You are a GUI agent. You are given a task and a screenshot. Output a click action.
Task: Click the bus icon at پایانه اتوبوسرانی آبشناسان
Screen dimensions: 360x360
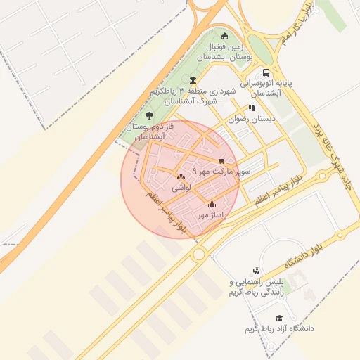pyautogui.click(x=265, y=73)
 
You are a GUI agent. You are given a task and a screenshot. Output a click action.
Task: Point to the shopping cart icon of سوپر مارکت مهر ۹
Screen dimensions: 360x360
pyautogui.click(x=222, y=161)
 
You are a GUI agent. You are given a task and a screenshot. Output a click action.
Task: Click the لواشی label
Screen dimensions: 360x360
pyautogui.click(x=181, y=188)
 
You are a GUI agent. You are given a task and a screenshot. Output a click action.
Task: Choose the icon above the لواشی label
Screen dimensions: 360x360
pyautogui.click(x=181, y=177)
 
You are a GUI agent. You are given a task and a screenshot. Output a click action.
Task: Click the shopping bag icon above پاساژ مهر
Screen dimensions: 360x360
pyautogui.click(x=212, y=205)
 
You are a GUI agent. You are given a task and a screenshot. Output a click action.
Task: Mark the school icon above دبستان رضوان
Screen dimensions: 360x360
pyautogui.click(x=251, y=109)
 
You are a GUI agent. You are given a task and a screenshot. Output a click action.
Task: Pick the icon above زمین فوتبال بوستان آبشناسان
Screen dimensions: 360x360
pyautogui.click(x=224, y=36)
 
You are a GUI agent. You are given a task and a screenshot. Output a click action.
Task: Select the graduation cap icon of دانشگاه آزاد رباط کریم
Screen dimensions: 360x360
pyautogui.click(x=279, y=319)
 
